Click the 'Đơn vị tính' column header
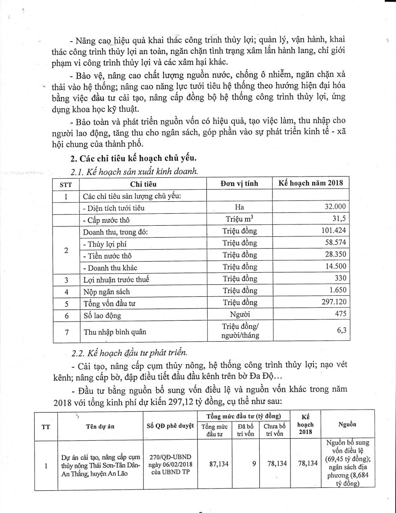pyautogui.click(x=239, y=183)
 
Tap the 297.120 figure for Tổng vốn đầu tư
pyautogui.click(x=333, y=303)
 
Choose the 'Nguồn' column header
pyautogui.click(x=347, y=425)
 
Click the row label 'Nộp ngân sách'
pyautogui.click(x=106, y=291)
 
